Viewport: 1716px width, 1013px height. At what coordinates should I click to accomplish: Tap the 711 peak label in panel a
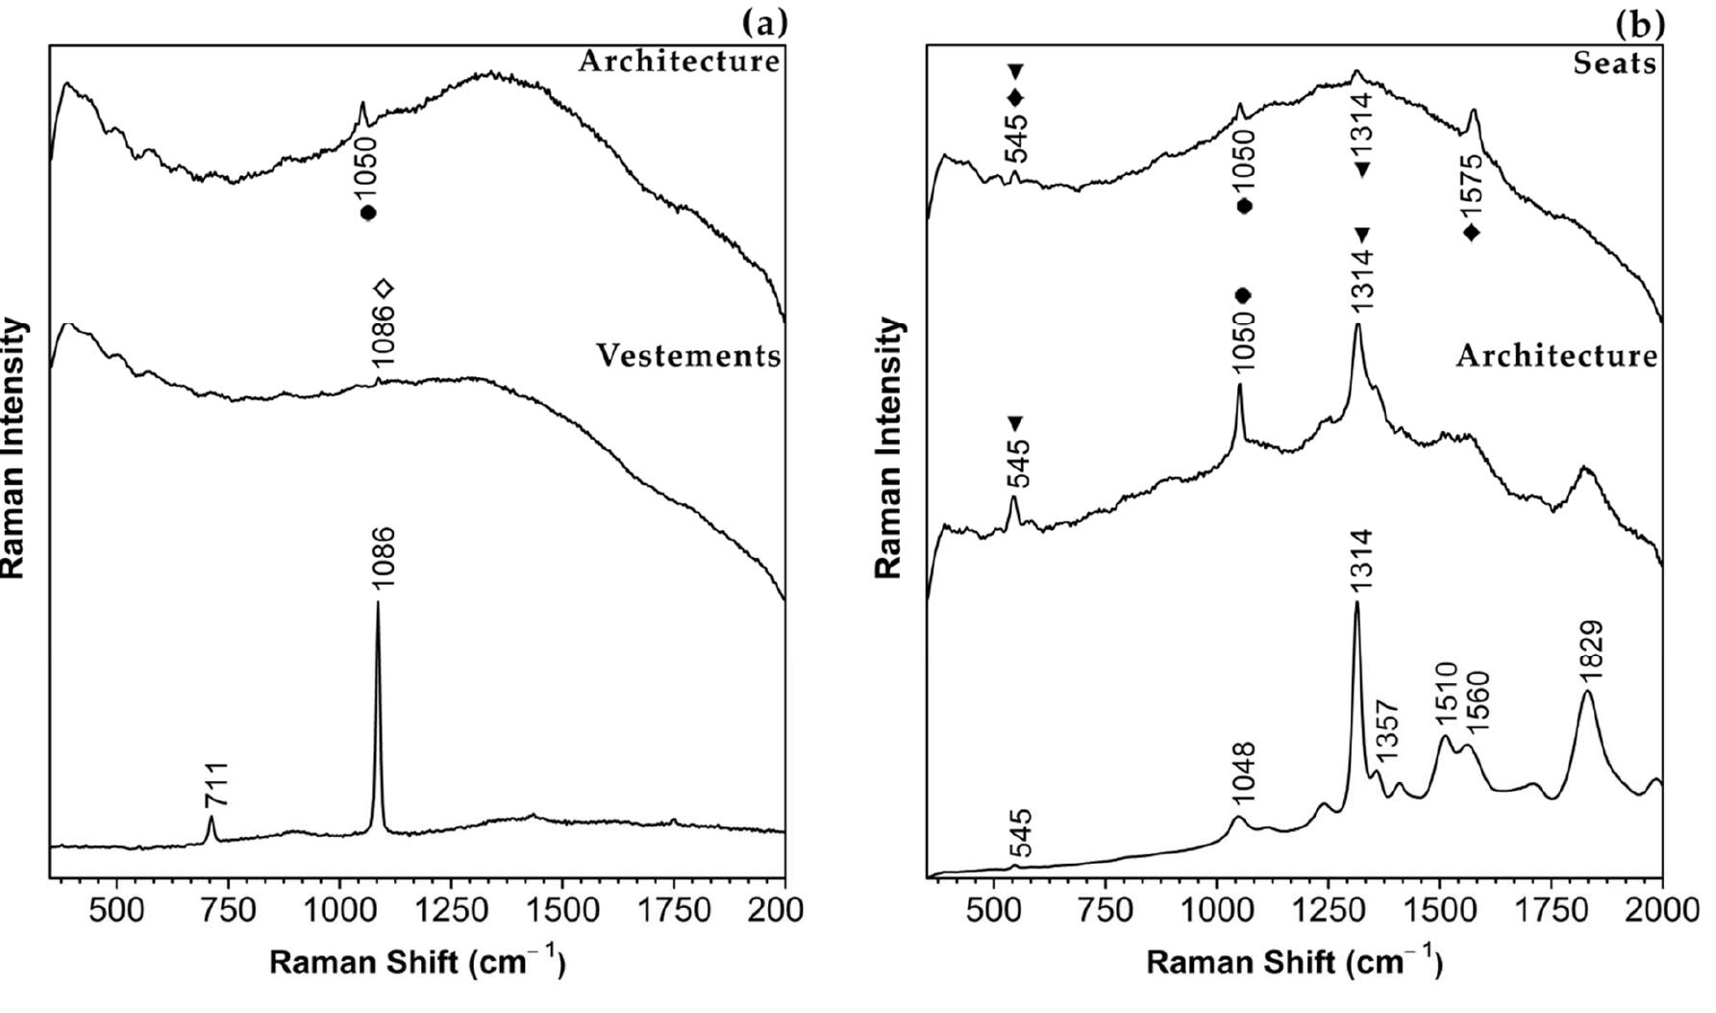pyautogui.click(x=216, y=785)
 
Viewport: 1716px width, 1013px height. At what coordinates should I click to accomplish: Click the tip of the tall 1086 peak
pyautogui.click(x=378, y=603)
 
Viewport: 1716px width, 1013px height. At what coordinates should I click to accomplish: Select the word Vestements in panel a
pyautogui.click(x=688, y=356)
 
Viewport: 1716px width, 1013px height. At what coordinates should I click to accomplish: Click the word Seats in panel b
pyautogui.click(x=1615, y=63)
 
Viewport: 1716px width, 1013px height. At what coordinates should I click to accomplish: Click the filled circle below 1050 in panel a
pyautogui.click(x=367, y=213)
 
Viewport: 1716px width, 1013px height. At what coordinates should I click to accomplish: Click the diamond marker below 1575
pyautogui.click(x=1471, y=233)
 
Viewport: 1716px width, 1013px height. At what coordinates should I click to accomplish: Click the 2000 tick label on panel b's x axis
pyautogui.click(x=1661, y=911)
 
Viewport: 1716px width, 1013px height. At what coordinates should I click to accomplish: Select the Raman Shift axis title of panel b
pyautogui.click(x=1294, y=962)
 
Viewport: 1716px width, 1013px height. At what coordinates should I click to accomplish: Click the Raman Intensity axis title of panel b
pyautogui.click(x=888, y=447)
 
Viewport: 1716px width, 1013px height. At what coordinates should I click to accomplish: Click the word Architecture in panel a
pyautogui.click(x=679, y=62)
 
